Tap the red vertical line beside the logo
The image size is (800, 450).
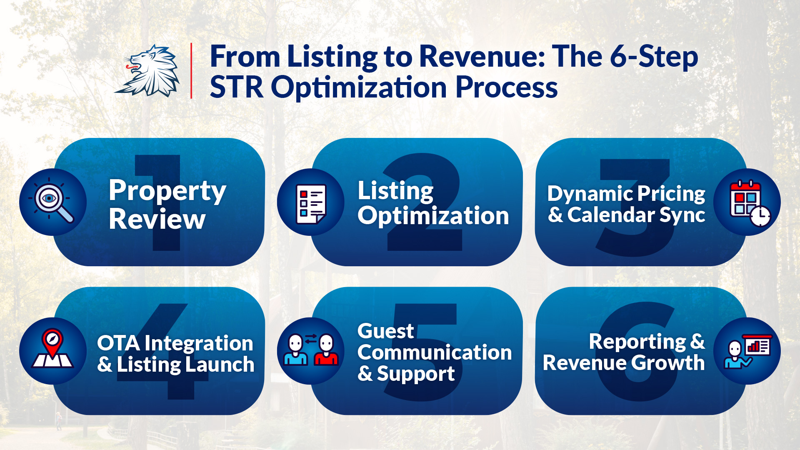point(191,70)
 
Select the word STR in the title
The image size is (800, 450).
point(237,87)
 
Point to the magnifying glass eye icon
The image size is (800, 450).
point(53,202)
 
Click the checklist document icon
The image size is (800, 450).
point(311,203)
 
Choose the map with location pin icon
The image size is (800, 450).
point(53,349)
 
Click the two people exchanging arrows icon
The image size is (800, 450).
point(311,350)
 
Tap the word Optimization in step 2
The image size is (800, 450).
point(433,216)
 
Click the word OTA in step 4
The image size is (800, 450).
point(118,343)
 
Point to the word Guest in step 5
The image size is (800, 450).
point(385,331)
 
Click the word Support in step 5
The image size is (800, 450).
point(416,374)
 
